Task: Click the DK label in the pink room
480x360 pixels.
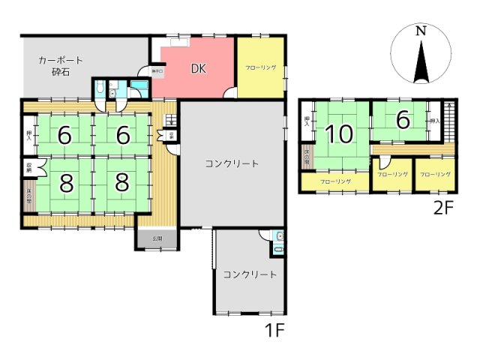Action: (197, 69)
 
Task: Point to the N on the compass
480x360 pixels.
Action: (421, 31)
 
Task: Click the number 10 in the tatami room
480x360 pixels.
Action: (339, 134)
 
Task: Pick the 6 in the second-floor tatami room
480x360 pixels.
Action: (403, 120)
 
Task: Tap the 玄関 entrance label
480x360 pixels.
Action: (157, 238)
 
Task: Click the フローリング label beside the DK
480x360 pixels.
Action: (260, 67)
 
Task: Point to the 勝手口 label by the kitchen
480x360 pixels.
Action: (157, 71)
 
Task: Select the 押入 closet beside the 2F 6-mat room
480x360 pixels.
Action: (434, 120)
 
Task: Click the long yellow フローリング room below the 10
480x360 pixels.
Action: (334, 181)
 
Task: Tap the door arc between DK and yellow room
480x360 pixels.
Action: (232, 93)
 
